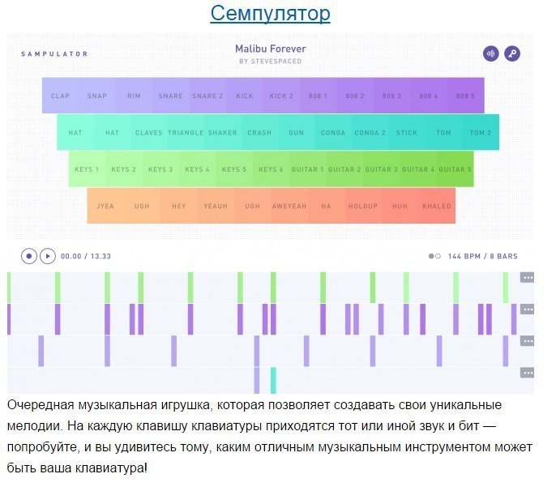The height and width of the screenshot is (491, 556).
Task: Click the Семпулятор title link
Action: click(x=270, y=14)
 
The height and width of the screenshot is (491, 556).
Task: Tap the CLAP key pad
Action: click(x=60, y=96)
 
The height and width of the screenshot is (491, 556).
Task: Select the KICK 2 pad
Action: click(x=281, y=96)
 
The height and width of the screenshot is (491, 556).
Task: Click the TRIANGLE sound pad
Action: click(x=186, y=133)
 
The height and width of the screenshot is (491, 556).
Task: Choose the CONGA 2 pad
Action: click(x=370, y=133)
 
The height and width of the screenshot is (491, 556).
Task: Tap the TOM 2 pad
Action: click(x=481, y=133)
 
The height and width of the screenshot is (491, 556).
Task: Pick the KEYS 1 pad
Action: click(x=87, y=169)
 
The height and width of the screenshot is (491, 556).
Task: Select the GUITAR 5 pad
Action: click(x=455, y=169)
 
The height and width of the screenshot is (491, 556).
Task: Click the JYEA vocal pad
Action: click(x=105, y=206)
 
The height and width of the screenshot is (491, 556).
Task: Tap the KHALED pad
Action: click(x=437, y=206)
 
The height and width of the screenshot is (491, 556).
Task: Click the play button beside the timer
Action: click(x=48, y=256)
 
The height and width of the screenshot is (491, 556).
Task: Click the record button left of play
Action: click(x=29, y=256)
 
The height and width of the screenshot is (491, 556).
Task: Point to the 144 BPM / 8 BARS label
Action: click(x=482, y=256)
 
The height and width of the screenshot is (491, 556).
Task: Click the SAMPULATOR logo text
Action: click(x=54, y=54)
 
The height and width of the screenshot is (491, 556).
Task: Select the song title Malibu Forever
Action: click(x=271, y=49)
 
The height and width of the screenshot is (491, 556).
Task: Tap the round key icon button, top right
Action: click(x=511, y=54)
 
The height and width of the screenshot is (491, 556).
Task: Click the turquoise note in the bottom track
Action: click(x=273, y=381)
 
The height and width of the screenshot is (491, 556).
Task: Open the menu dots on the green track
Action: click(x=528, y=278)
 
